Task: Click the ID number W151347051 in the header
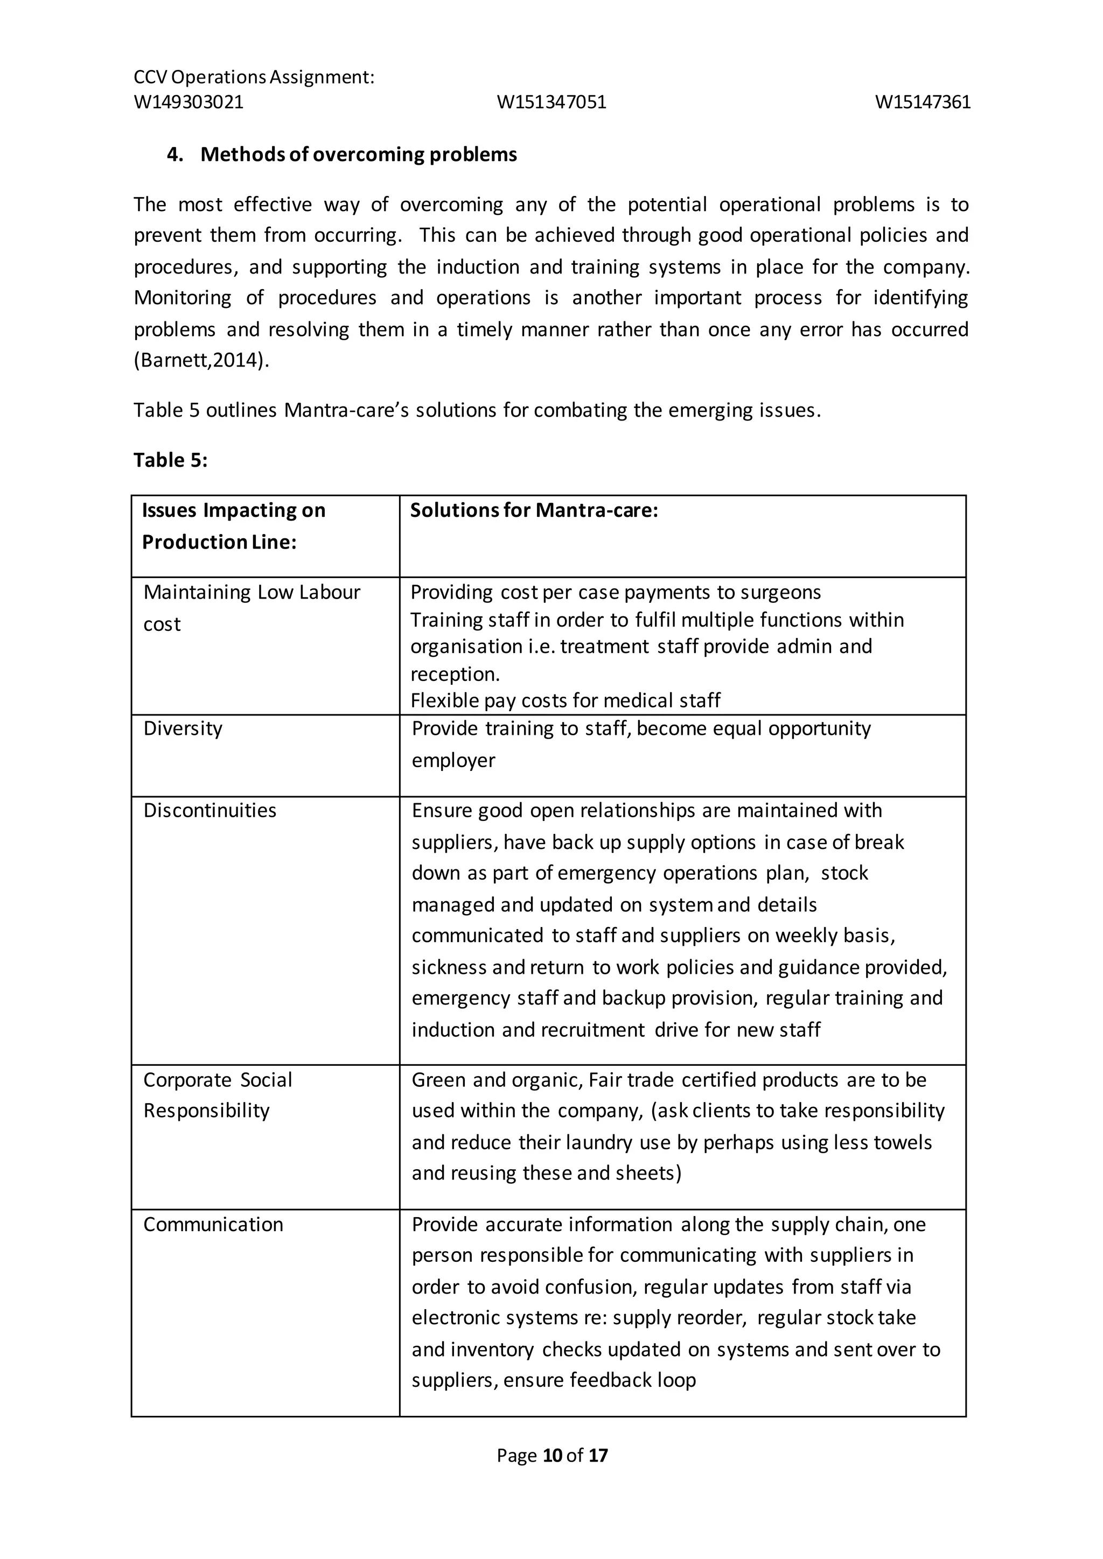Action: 551,102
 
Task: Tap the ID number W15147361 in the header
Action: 923,102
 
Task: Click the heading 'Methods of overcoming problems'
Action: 358,155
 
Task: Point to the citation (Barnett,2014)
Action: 201,360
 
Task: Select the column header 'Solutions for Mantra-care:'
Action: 534,511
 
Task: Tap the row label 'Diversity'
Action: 183,728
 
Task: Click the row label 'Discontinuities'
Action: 210,811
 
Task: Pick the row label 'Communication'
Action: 213,1224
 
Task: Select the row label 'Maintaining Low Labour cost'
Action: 252,608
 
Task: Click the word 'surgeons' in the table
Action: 780,593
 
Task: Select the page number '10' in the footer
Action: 553,1455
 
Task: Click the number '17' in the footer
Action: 598,1455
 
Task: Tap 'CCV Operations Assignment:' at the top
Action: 254,78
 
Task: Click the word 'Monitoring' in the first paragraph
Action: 182,298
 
